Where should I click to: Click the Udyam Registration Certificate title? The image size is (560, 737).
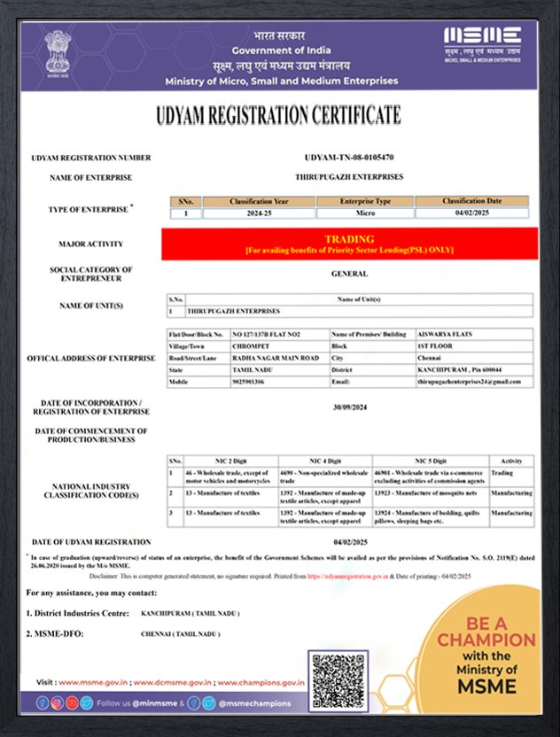(278, 116)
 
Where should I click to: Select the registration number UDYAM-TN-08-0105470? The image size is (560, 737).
(350, 158)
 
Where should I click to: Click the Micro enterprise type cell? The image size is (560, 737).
(365, 213)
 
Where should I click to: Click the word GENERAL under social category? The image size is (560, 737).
(350, 274)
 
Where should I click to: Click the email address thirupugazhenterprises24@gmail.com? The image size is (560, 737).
(472, 382)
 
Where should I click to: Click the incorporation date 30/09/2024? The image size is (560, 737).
(350, 408)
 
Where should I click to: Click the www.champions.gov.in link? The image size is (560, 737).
(261, 682)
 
